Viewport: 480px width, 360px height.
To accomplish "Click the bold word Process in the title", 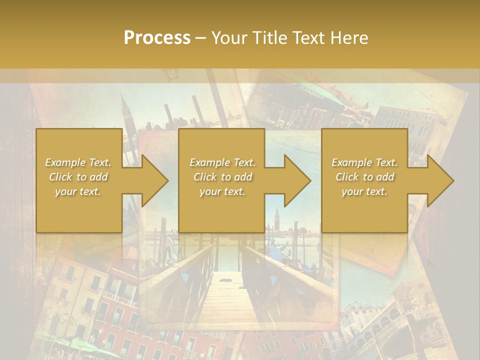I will tap(157, 38).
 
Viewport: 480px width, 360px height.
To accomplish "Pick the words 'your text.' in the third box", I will tap(364, 191).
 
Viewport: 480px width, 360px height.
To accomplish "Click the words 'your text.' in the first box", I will tap(78, 191).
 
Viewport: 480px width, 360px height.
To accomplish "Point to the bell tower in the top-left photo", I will tap(124, 112).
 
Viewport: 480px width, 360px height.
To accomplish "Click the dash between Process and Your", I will tap(201, 38).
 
